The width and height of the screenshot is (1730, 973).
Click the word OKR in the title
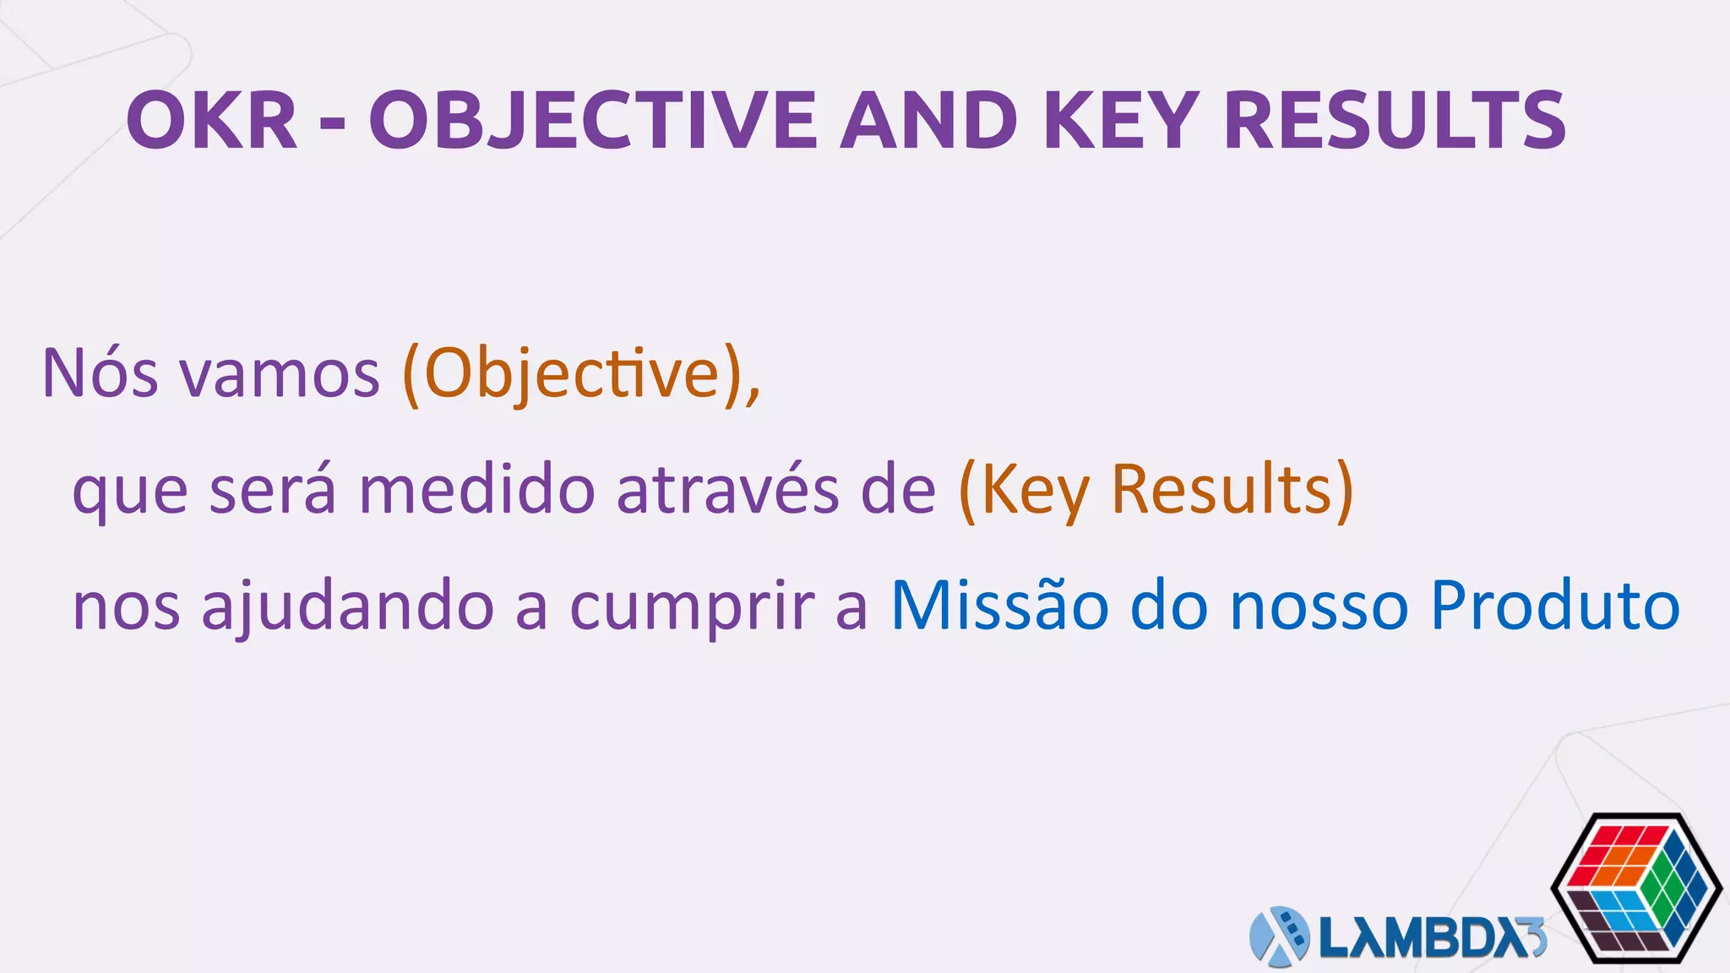point(212,122)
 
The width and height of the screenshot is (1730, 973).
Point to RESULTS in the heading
point(1395,122)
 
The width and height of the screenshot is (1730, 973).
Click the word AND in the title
point(929,122)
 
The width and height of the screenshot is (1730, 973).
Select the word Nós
point(100,373)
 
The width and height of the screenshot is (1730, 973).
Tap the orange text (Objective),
point(581,375)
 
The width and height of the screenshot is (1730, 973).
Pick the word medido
point(477,491)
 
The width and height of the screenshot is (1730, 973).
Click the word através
point(727,491)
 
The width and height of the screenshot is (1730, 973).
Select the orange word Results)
point(1232,491)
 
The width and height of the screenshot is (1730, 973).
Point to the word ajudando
point(347,607)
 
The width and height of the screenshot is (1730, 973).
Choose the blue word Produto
point(1555,606)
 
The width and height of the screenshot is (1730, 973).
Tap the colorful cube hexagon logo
point(1636,888)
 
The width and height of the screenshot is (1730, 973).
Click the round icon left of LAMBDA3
point(1279,937)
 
